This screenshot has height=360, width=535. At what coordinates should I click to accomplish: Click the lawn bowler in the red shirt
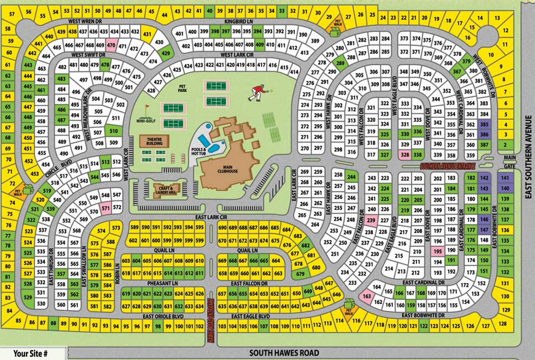tap(259, 93)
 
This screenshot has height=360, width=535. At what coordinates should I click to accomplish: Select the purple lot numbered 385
tap(485, 124)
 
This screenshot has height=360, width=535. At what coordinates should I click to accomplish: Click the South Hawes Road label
tap(284, 353)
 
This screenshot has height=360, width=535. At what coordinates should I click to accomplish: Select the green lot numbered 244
tap(351, 177)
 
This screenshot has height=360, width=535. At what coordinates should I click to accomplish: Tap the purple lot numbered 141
tap(505, 178)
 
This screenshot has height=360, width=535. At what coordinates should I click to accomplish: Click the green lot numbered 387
tap(485, 144)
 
